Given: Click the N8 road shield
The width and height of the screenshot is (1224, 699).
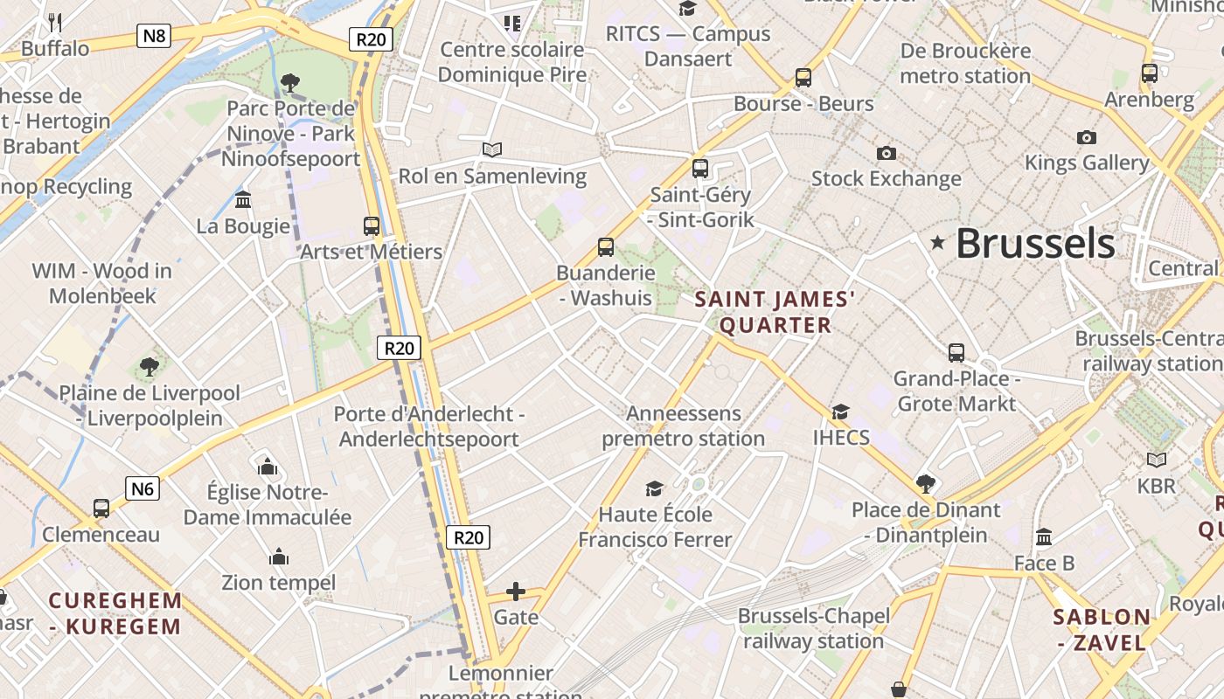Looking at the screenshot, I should [x=154, y=36].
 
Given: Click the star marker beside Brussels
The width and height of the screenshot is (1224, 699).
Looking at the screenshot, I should [x=938, y=242].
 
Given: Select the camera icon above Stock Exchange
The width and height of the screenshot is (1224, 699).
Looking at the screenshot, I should [x=887, y=154].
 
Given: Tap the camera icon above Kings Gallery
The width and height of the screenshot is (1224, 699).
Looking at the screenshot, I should [x=1087, y=137].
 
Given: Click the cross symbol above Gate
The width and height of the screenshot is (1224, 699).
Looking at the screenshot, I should [x=516, y=592].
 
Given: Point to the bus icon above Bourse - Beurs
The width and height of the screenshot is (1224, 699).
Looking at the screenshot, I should [x=803, y=77].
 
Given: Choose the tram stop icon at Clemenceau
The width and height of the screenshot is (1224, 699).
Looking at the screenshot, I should [x=101, y=509].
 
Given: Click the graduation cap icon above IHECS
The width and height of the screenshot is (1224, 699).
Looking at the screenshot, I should [x=840, y=412].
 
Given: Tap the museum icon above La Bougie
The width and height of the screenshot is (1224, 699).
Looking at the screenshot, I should [x=243, y=200].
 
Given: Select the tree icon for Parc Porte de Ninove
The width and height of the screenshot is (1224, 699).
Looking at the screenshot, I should [x=290, y=83].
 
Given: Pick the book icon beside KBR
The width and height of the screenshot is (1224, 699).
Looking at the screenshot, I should [x=1157, y=460].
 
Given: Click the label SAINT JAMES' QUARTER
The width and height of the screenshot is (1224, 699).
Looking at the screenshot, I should [x=775, y=313].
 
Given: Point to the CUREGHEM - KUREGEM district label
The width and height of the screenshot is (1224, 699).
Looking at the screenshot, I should [x=115, y=613].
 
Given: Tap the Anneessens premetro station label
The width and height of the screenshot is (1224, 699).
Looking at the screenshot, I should [x=684, y=426].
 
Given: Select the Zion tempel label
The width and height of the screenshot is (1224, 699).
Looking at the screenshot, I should [x=279, y=582].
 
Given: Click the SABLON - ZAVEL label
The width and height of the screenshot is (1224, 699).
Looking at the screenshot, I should [x=1102, y=630].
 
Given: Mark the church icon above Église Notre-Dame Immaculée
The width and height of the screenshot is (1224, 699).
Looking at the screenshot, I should [x=268, y=467].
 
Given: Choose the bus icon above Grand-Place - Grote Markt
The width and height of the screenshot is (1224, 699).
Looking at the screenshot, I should [x=956, y=353].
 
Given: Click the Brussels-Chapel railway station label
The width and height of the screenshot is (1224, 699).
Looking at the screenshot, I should [x=814, y=628].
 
